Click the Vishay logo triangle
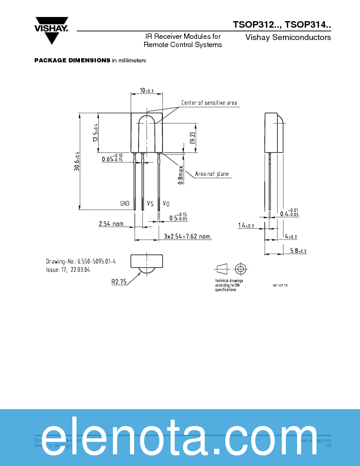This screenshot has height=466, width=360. point(52,36)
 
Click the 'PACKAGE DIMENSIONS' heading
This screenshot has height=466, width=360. point(72,61)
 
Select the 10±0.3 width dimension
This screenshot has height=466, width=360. point(146,91)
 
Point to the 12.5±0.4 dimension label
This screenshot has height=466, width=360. point(96,134)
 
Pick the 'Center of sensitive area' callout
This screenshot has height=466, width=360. point(209,103)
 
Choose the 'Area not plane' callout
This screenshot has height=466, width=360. point(212,174)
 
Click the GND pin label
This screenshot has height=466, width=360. point(125,204)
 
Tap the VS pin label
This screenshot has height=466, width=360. point(150,204)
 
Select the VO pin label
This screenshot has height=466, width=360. point(166,204)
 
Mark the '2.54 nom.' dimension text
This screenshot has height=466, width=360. point(112,224)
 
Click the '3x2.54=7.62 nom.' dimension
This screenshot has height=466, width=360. point(187,237)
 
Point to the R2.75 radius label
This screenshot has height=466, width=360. point(119,282)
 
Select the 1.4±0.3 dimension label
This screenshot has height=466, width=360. point(246,225)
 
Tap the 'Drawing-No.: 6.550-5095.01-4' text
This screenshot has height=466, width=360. point(81,261)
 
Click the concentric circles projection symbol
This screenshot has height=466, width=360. point(239,269)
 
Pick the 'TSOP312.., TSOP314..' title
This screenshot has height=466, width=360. point(282,25)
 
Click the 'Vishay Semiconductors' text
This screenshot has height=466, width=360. point(288,38)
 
